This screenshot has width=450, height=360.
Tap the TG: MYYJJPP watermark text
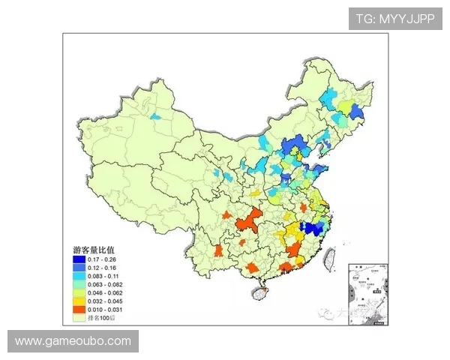click(395, 19)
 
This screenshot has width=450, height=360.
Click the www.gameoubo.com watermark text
click(73, 341)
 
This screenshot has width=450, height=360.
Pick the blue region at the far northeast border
click(355, 112)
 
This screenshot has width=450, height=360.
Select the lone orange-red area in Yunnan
click(217, 250)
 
